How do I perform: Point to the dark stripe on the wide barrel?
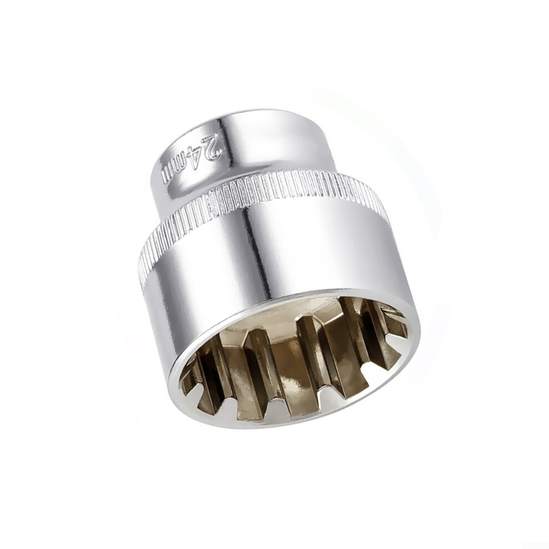[255, 252]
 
